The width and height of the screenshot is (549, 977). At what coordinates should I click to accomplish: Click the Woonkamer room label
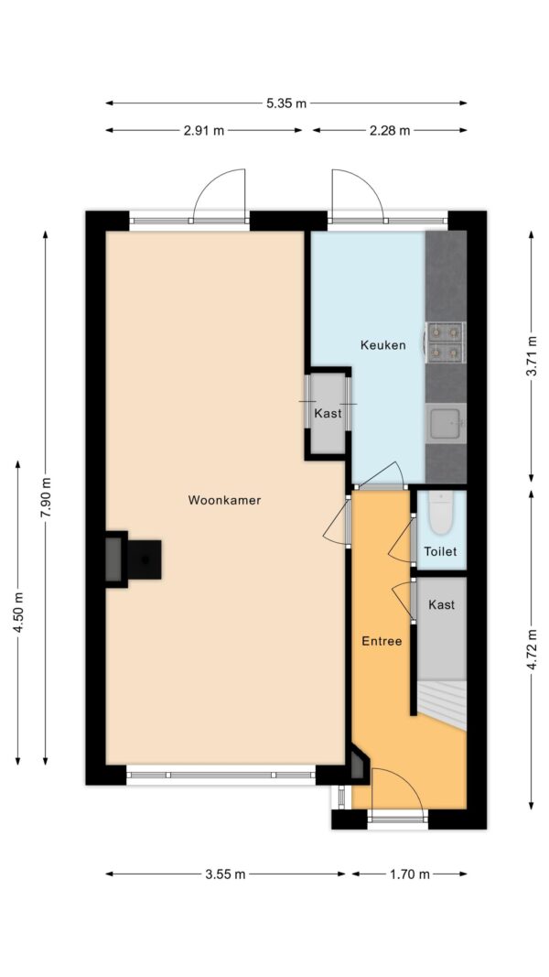pos(224,500)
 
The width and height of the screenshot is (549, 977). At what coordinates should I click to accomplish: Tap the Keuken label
pos(382,344)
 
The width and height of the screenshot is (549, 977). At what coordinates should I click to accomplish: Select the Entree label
pos(382,641)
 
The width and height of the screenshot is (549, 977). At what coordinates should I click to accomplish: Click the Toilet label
pos(440,551)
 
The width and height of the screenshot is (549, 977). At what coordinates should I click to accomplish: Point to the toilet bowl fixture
pos(441,513)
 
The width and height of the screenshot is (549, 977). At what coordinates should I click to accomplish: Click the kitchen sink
pos(446,423)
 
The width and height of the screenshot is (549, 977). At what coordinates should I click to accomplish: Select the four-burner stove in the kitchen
pos(445,342)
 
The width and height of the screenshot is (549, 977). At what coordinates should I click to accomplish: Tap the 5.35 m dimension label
pos(286,103)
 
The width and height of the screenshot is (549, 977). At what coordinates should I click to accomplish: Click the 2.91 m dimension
pos(204,131)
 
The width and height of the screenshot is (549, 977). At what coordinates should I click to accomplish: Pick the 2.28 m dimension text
pos(390,131)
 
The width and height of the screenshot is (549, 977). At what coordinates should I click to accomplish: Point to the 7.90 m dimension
pos(45,496)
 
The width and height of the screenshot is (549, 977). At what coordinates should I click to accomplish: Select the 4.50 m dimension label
pos(17,613)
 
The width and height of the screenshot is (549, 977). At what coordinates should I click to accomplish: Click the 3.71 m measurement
pos(531,356)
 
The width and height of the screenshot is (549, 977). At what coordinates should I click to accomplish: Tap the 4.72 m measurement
pos(531,648)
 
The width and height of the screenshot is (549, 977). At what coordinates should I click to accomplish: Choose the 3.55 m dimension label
pos(225,874)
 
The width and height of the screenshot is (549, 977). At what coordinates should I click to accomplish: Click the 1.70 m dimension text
pos(410,874)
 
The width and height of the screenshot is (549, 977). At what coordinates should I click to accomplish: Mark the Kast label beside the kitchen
pos(328,413)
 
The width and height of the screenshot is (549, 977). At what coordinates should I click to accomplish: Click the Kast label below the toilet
pos(441,604)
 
